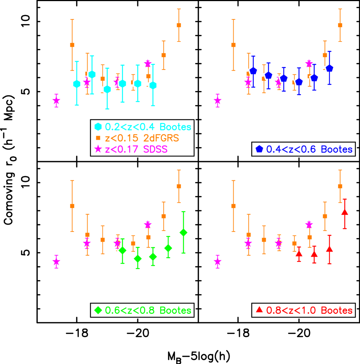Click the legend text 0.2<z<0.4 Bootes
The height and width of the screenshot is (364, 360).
(148, 127)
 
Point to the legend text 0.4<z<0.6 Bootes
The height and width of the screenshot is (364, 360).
(309, 149)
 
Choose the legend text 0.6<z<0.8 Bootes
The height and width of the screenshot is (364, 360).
(148, 310)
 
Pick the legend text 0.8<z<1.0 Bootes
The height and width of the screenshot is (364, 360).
(309, 310)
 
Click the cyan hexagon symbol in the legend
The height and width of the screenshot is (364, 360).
(98, 127)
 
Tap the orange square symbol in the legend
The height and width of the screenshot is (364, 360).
(98, 138)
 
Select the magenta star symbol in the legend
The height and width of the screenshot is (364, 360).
(98, 149)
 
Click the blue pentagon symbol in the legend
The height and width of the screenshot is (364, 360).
(259, 149)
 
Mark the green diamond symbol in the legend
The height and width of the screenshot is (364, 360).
(98, 310)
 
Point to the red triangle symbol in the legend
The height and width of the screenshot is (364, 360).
(259, 310)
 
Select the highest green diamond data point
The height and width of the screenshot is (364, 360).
(183, 232)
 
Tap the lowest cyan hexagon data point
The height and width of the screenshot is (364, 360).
(107, 89)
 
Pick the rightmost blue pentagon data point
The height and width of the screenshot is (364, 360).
(330, 68)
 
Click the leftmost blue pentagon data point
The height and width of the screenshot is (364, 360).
(253, 71)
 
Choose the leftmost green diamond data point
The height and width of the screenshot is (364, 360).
(123, 251)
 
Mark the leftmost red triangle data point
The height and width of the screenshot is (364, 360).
(299, 253)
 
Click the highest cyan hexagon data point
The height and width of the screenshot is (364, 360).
(92, 75)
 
